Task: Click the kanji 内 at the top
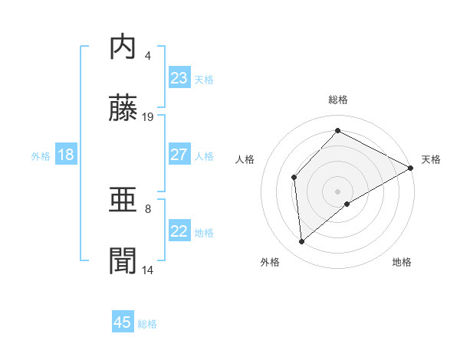click(123, 47)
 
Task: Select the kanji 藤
click(123, 109)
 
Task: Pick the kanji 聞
click(123, 262)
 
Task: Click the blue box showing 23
click(179, 78)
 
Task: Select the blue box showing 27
click(179, 155)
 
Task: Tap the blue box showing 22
click(179, 231)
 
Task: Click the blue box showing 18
click(66, 155)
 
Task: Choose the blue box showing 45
click(123, 322)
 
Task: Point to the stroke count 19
click(149, 116)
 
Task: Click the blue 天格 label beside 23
click(204, 79)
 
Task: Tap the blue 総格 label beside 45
click(147, 324)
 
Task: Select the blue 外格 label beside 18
click(41, 155)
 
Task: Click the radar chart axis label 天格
click(431, 159)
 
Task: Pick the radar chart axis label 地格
click(402, 262)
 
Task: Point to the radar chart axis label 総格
click(338, 100)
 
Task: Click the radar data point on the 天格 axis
click(411, 168)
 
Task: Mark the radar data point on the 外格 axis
click(302, 242)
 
